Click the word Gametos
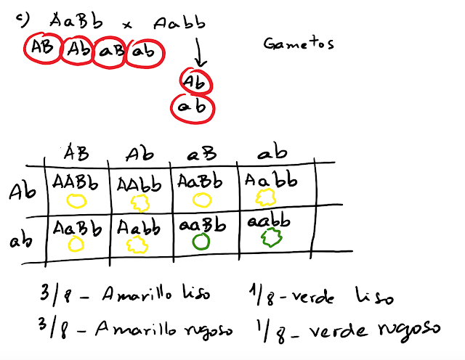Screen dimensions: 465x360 pos(298,44)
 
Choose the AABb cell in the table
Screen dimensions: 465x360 pos(76,181)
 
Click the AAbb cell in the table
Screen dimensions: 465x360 pos(138,182)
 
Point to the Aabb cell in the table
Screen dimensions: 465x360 pos(138,226)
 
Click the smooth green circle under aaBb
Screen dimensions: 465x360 pos(203,241)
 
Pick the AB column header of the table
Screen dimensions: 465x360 pos(75,152)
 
